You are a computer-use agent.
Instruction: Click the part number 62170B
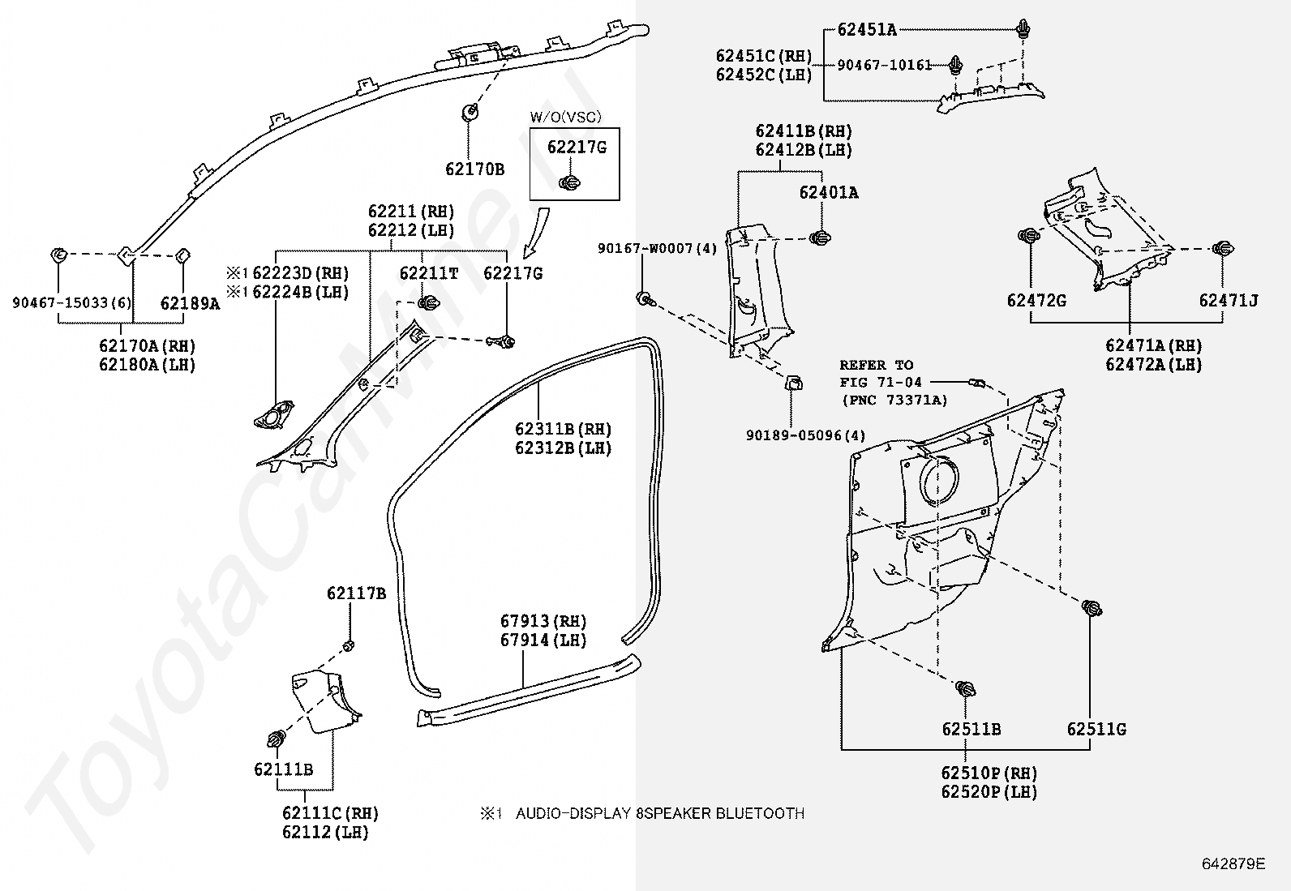(x=474, y=169)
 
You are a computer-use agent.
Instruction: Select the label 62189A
(x=190, y=304)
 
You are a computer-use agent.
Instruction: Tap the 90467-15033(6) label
(x=71, y=303)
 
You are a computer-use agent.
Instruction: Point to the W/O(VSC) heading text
(x=566, y=118)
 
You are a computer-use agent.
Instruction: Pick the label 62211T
(x=428, y=274)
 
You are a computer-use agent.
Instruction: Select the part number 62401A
(x=828, y=193)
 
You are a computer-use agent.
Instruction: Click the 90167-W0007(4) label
(x=657, y=249)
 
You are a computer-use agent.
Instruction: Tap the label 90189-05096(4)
(x=805, y=436)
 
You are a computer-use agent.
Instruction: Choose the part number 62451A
(x=866, y=30)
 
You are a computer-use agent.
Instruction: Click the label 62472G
(x=1036, y=301)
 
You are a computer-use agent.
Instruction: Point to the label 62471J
(x=1228, y=301)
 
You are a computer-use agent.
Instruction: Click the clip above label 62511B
(x=965, y=691)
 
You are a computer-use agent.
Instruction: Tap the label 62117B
(x=356, y=593)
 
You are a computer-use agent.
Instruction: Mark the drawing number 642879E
(x=1233, y=863)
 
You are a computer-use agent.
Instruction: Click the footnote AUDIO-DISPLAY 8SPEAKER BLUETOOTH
(x=659, y=813)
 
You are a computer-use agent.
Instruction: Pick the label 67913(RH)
(x=543, y=622)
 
